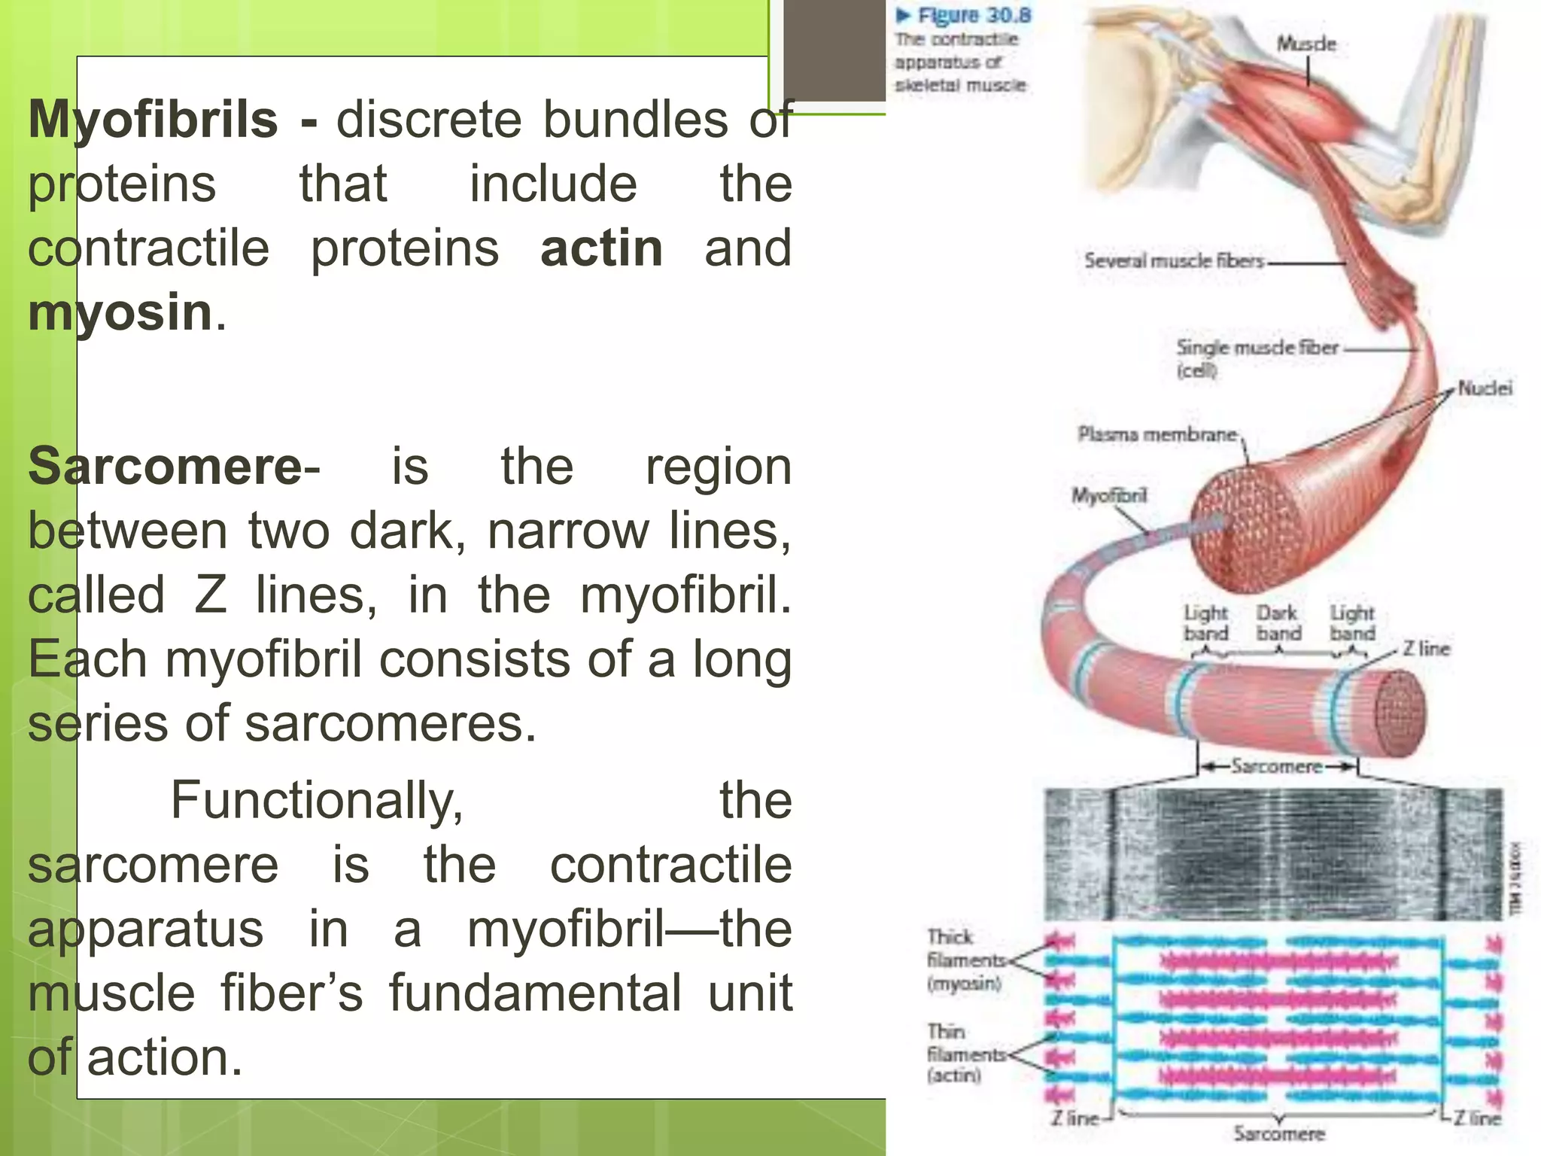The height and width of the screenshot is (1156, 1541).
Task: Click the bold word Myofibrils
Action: (x=153, y=120)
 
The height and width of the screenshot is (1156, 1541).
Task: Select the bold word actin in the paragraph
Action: (x=601, y=248)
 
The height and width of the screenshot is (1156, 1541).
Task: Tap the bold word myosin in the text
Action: (x=120, y=312)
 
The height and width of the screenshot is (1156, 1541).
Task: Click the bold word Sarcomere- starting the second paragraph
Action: (x=174, y=467)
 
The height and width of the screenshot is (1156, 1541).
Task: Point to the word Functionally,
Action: (x=317, y=800)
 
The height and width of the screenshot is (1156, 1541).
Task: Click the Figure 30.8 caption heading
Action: (x=974, y=16)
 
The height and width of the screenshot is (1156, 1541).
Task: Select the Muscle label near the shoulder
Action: (x=1306, y=44)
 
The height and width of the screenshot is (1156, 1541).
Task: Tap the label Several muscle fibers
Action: (x=1174, y=261)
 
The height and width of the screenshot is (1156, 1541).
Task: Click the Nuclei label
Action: (x=1485, y=388)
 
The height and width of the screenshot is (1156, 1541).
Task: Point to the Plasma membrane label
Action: (x=1157, y=434)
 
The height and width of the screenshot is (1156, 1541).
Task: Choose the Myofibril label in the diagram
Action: (x=1109, y=495)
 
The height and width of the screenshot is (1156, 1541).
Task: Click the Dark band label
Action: (x=1278, y=623)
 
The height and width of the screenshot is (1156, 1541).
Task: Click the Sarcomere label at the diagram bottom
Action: (x=1278, y=1133)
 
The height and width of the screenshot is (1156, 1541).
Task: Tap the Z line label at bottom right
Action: (x=1477, y=1118)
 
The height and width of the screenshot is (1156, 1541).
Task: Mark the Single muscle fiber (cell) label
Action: (x=1257, y=357)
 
